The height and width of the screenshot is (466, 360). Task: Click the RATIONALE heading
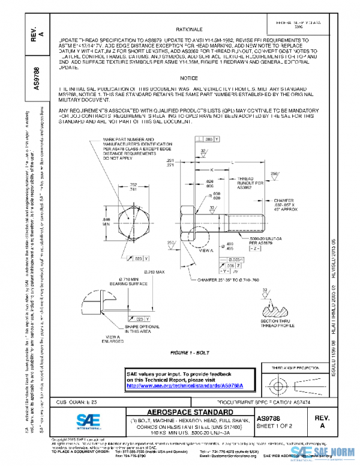(188, 29)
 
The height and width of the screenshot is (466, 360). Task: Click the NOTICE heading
(188, 79)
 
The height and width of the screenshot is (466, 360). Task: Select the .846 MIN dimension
(107, 223)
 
